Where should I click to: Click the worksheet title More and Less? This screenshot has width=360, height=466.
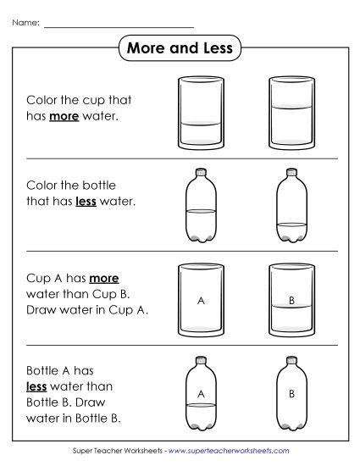[x=180, y=48]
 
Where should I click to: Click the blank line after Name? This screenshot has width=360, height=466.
[x=119, y=26]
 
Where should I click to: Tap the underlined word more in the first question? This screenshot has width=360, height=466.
[x=64, y=115]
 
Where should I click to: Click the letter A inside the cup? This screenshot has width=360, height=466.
[x=201, y=299]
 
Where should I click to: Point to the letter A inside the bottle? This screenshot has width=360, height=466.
[x=201, y=393]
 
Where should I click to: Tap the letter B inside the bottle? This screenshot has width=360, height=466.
[x=291, y=393]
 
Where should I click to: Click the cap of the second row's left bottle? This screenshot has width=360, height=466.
[x=201, y=172]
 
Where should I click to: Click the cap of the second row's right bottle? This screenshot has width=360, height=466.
[x=291, y=172]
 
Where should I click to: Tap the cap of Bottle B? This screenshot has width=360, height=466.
[x=291, y=359]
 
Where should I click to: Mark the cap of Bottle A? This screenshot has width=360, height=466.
[x=201, y=359]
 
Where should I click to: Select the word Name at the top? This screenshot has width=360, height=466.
[x=25, y=23]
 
